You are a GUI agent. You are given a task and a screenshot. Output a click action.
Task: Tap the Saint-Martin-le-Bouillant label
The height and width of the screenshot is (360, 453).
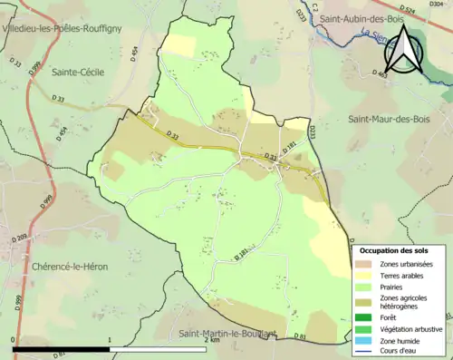point(226,333)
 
